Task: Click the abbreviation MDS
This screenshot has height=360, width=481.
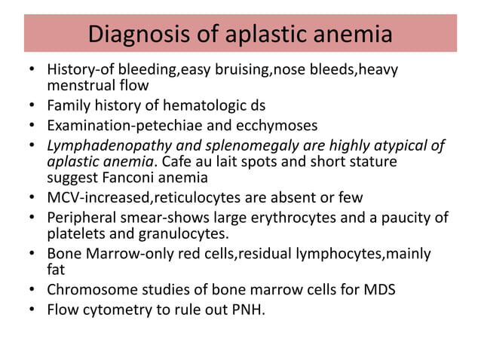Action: [381, 288]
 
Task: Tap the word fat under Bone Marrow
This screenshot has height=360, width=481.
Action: [57, 269]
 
